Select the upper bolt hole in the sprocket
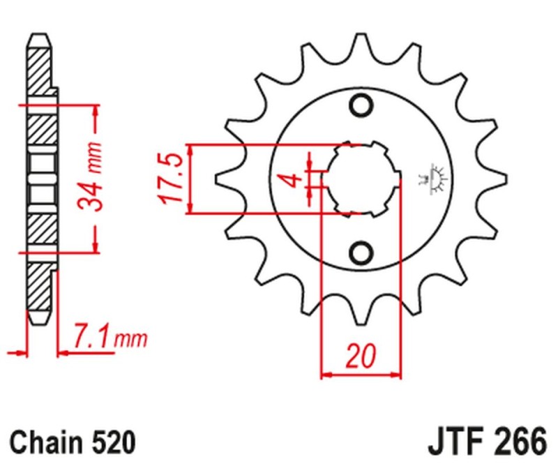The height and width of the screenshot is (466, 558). [x=361, y=105]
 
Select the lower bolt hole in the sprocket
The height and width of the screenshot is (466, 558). [x=361, y=252]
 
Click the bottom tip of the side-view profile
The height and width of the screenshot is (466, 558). [x=40, y=321]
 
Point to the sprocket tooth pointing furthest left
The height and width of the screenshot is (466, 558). [x=222, y=179]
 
